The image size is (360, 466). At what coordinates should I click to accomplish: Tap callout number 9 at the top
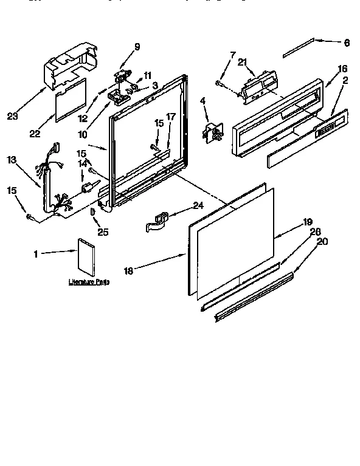pyautogui.click(x=137, y=46)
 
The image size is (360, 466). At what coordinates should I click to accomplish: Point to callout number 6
pyautogui.click(x=347, y=43)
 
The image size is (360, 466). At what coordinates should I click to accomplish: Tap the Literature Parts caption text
pyautogui.click(x=89, y=282)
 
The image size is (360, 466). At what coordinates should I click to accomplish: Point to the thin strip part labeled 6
pyautogui.click(x=299, y=47)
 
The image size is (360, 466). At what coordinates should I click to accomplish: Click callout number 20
pyautogui.click(x=322, y=241)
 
